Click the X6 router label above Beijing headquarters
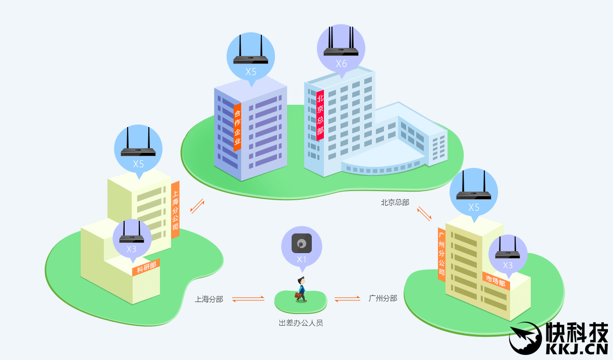(342, 64)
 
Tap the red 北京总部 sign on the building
(320, 115)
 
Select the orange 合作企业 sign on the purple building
(237, 128)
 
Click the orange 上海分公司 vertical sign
(175, 209)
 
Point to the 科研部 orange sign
(146, 267)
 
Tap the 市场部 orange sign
(495, 281)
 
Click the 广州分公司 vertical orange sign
(441, 255)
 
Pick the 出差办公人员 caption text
(301, 323)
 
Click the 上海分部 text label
(209, 299)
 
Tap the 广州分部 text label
(383, 298)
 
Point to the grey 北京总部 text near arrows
(395, 202)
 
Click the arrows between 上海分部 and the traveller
(248, 299)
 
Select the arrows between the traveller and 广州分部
(347, 298)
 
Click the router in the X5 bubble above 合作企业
(251, 55)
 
